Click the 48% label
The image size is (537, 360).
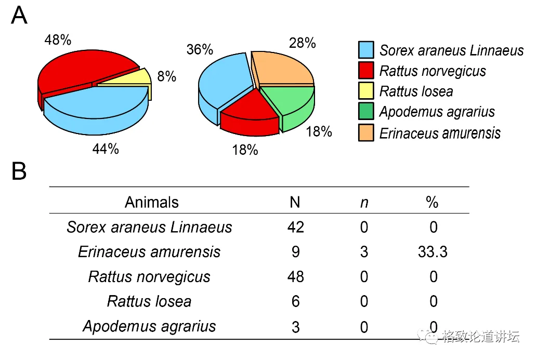coord(58,39)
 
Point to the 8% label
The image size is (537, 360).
coord(167,77)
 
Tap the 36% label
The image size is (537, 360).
coord(200,49)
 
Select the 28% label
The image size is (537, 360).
coord(303,43)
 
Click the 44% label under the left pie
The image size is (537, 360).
coord(106,149)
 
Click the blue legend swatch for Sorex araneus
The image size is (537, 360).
coord(366,50)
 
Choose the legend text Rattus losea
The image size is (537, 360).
coord(416,91)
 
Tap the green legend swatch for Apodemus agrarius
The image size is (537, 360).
coord(366,112)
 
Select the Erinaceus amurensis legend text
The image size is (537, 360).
coord(440,133)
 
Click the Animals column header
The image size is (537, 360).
coord(151,202)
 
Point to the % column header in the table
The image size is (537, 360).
coord(432,202)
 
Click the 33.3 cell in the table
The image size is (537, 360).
coord(433,252)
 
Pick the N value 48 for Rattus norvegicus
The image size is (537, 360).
coord(295,277)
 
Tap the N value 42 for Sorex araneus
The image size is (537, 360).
coord(295,227)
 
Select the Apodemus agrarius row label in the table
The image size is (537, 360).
coord(149,326)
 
